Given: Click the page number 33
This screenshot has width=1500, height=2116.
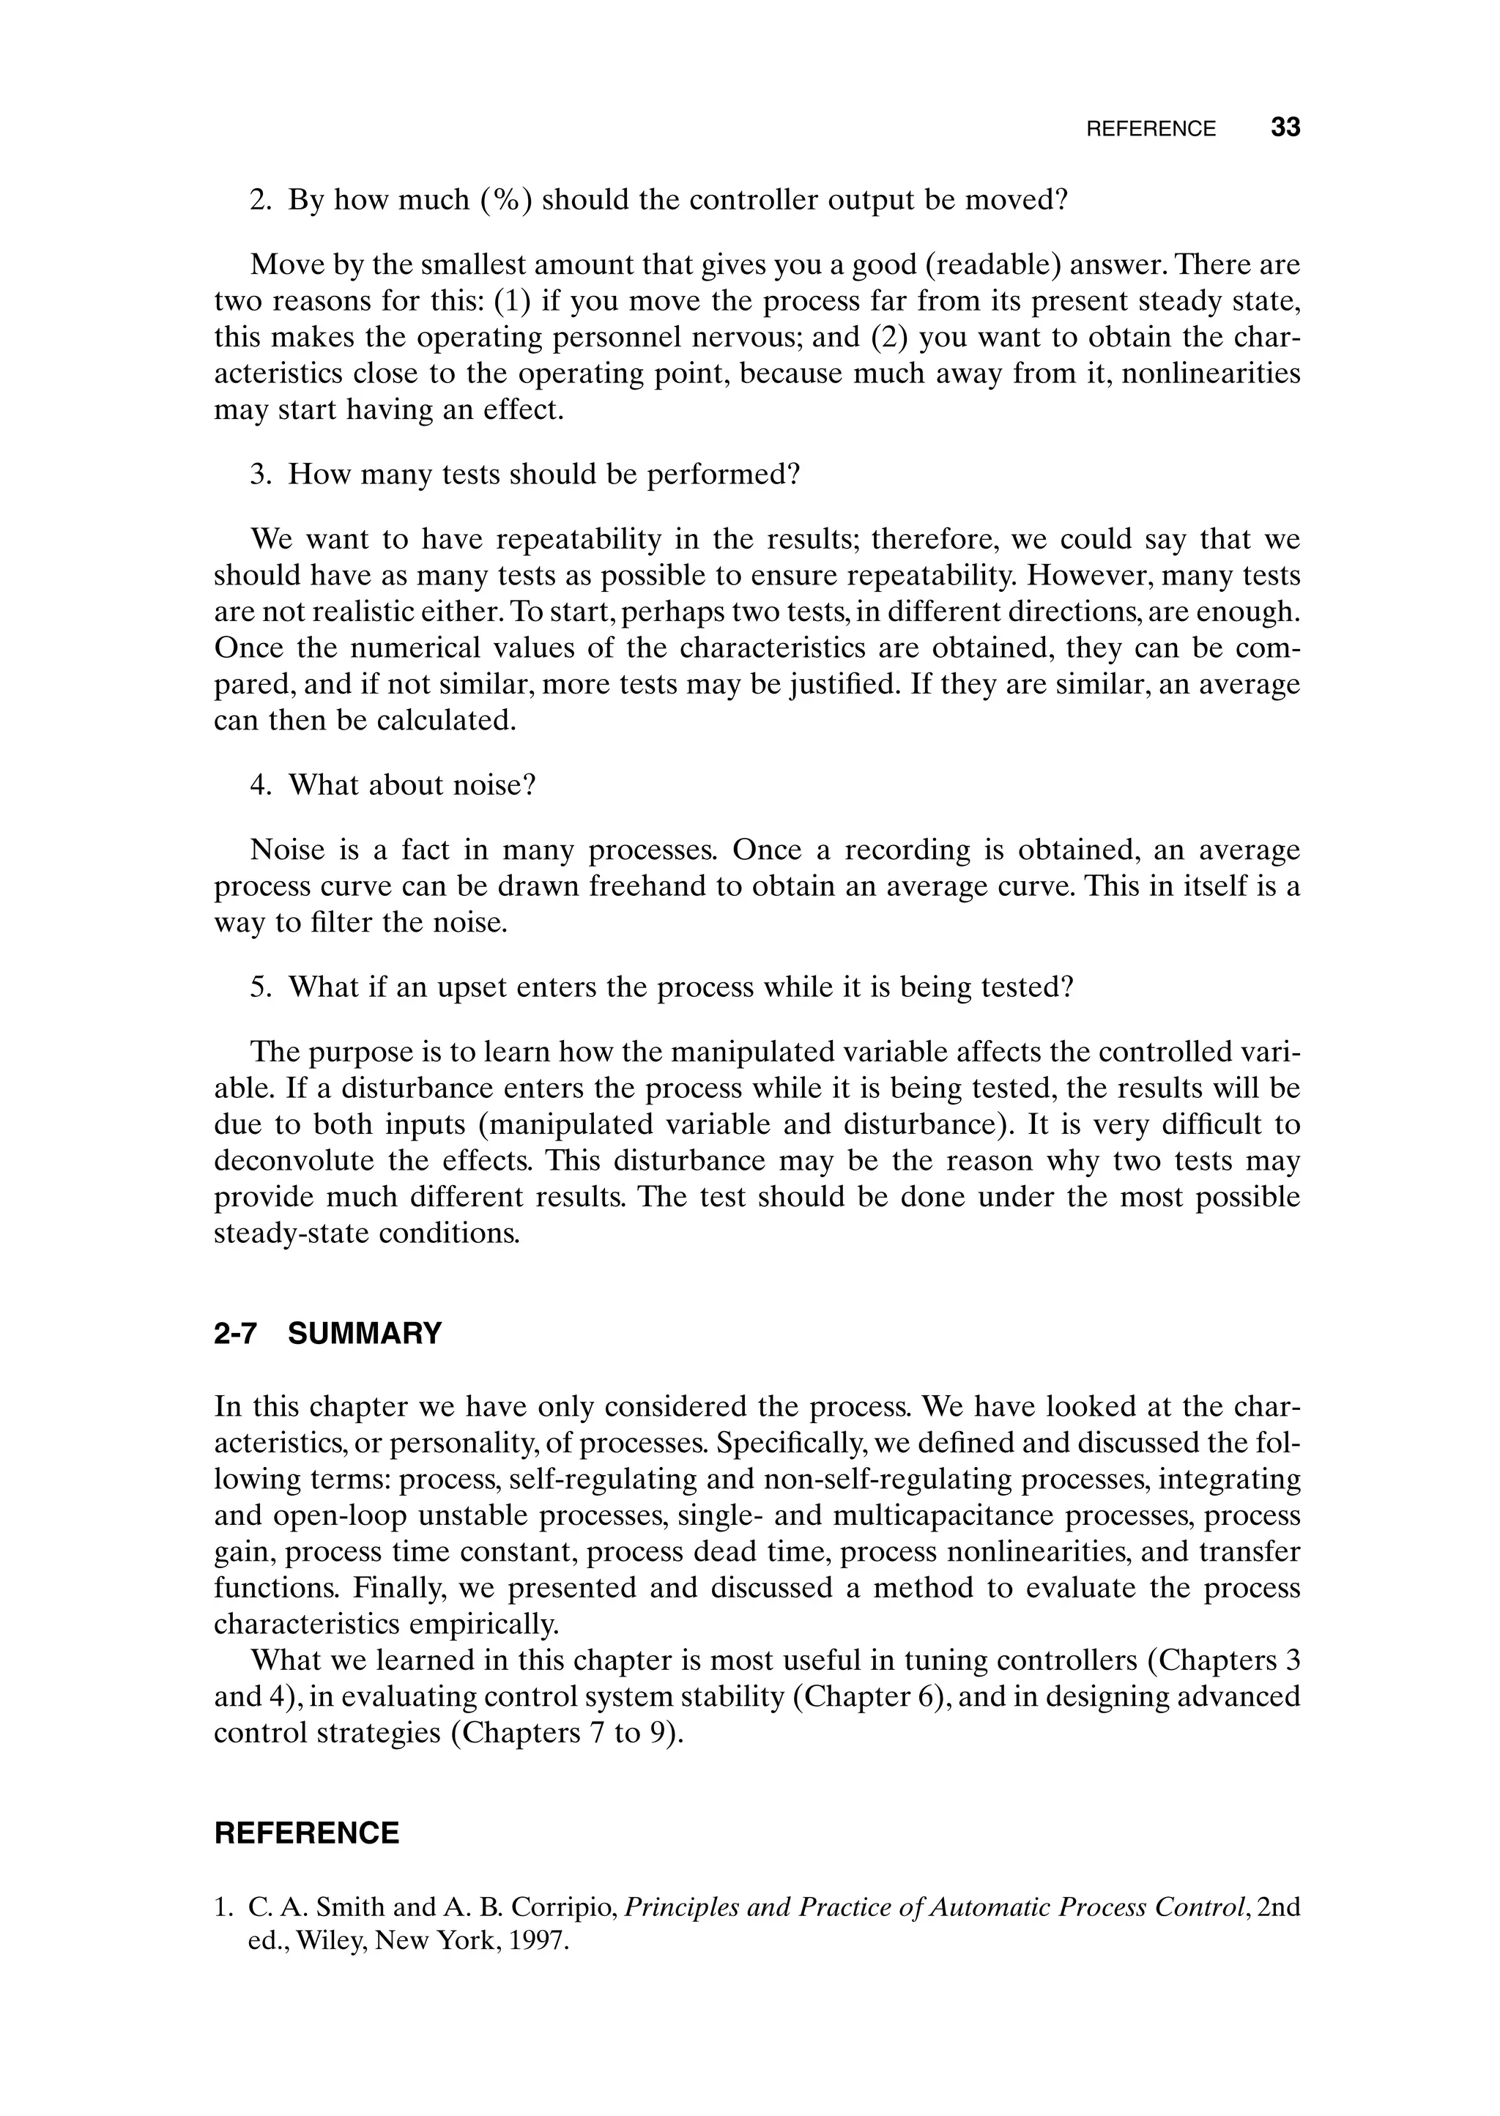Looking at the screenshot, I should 1285,127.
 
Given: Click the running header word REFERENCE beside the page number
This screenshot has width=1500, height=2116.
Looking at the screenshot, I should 1151,130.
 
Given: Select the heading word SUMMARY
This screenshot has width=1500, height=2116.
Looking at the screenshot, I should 365,1334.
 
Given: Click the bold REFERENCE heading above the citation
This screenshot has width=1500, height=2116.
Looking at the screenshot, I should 307,1833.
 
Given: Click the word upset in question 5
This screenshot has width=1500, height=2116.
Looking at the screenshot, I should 475,987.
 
